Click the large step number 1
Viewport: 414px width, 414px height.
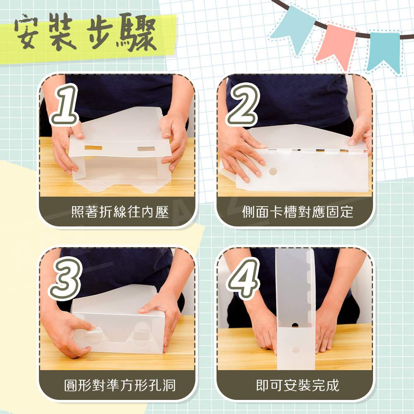[65, 104]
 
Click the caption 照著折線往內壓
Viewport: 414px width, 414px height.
[120, 212]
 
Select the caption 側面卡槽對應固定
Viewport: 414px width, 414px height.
[298, 212]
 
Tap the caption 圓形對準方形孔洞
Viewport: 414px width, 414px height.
[120, 385]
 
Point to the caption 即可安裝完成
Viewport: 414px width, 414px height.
[298, 385]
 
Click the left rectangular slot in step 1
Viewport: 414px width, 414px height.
[93, 147]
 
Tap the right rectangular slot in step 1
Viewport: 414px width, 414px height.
[146, 148]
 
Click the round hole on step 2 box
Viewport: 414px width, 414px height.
[273, 171]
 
